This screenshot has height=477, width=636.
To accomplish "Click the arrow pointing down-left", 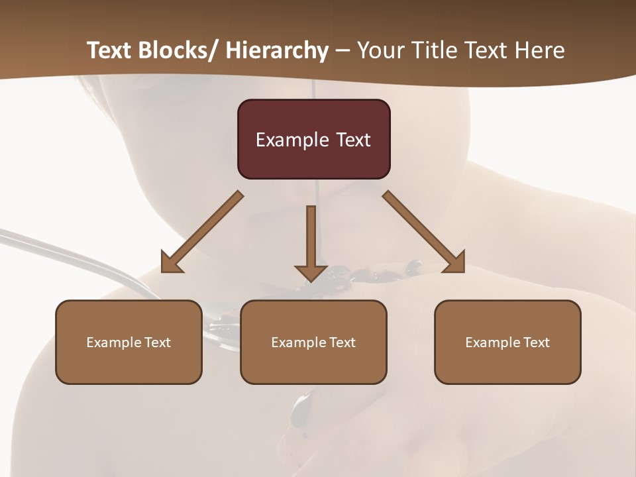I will click(x=202, y=232).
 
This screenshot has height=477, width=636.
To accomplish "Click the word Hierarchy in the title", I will click(x=277, y=50).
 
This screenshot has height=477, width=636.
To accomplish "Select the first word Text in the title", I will click(x=110, y=50).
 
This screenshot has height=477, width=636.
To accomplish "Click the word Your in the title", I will click(x=380, y=50).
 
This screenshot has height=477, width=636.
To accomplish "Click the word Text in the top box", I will click(x=353, y=140).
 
